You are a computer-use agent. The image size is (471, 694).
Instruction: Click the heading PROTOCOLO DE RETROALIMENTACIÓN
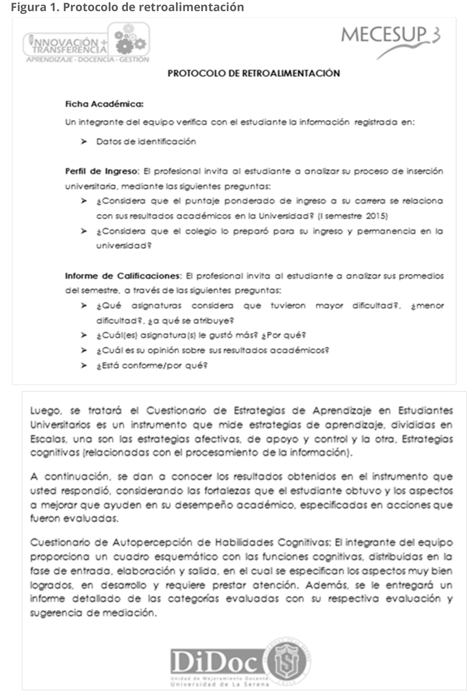pos(254,73)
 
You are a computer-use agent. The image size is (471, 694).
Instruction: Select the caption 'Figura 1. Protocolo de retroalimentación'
pos(127,7)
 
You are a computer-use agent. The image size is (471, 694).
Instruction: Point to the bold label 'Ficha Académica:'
pos(104,104)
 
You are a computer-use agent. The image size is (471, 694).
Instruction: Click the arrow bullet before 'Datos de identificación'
pos(84,141)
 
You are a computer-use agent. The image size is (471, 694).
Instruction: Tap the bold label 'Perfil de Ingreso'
pos(101,171)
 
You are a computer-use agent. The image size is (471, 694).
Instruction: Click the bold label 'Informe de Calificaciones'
pos(123,276)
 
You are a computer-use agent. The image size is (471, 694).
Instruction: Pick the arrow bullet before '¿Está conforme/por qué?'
pos(84,366)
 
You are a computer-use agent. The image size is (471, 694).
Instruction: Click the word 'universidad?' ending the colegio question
pos(124,246)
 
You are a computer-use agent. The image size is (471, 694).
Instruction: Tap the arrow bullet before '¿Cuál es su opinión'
pos(84,350)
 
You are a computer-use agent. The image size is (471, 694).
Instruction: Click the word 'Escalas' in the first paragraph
pos(48,439)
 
